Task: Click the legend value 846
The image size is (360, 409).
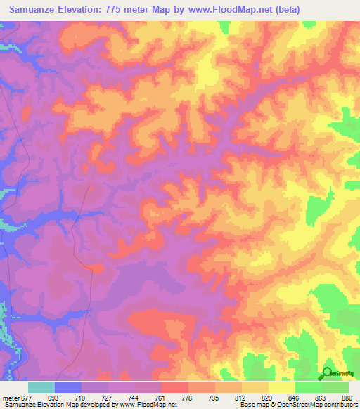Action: pos(295,398)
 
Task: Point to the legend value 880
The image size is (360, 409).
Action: pos(347,398)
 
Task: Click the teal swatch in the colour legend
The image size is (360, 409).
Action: pos(41,387)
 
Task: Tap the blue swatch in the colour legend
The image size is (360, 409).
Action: pos(68,387)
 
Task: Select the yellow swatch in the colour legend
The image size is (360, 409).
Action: pos(282,387)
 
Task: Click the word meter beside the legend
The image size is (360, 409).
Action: pos(11,398)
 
